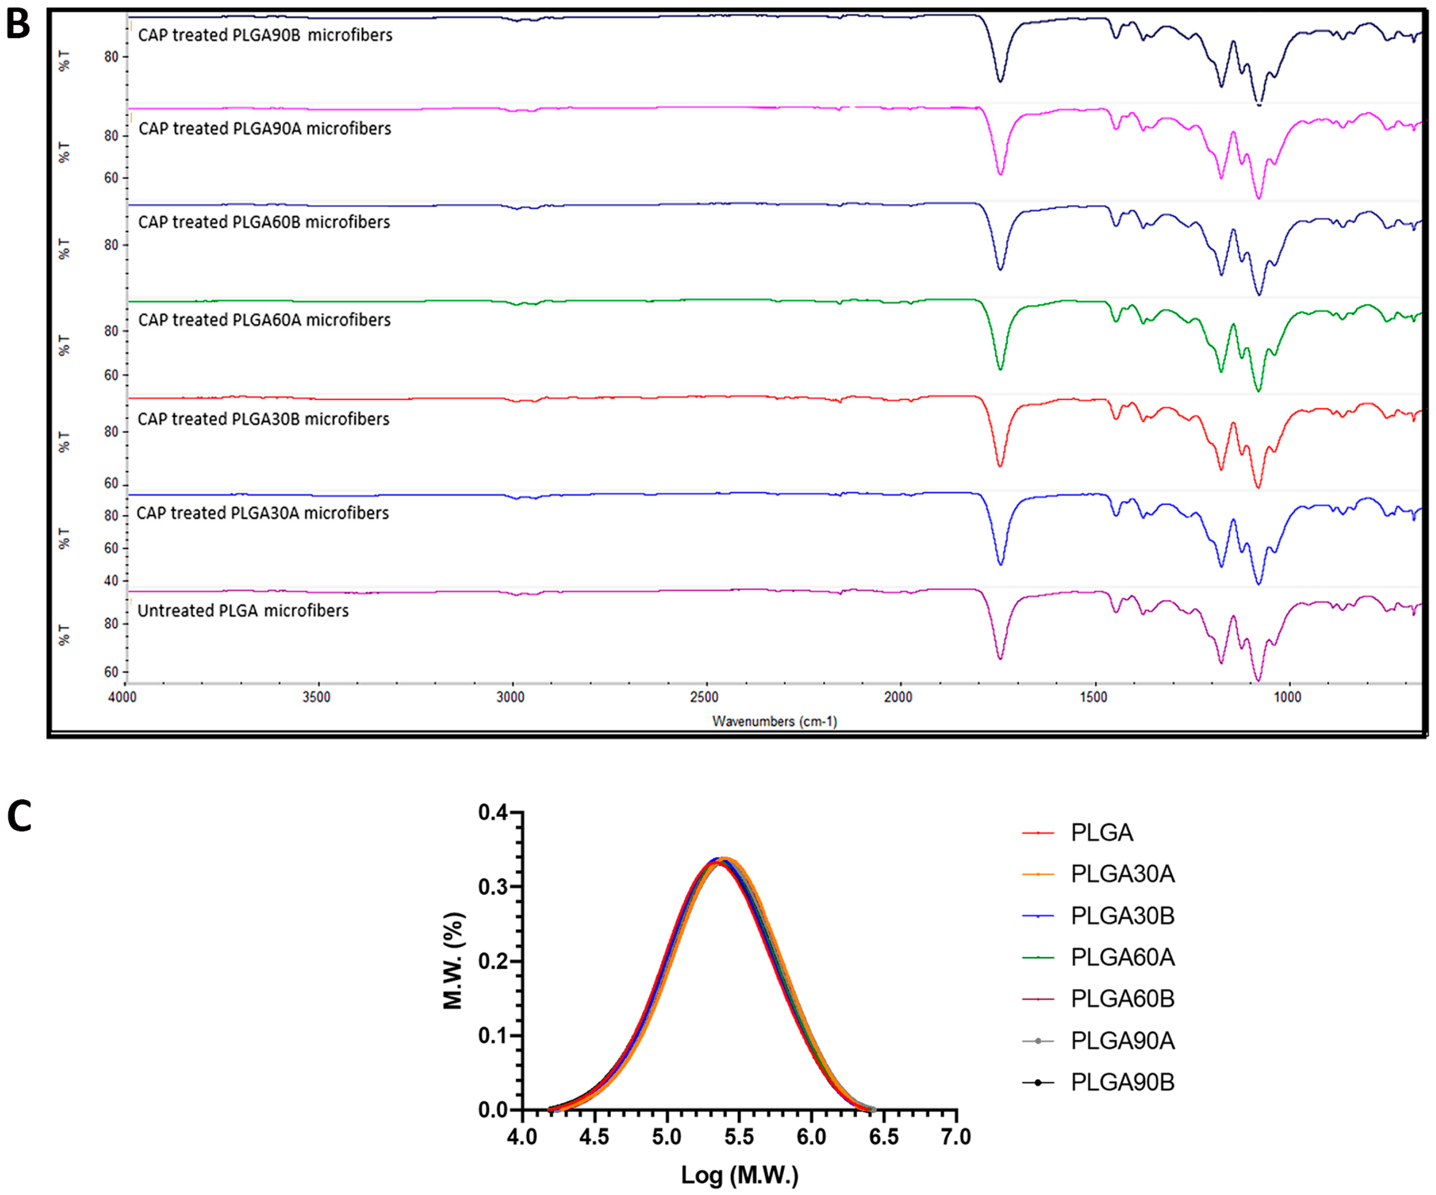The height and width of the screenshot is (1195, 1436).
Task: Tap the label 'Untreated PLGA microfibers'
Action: pyautogui.click(x=243, y=611)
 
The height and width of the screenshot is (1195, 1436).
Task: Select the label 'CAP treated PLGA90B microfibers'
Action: pyautogui.click(x=265, y=35)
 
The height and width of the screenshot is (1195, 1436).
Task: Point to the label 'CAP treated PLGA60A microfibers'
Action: pyautogui.click(x=264, y=320)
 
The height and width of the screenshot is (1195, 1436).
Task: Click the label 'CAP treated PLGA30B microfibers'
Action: pyautogui.click(x=263, y=419)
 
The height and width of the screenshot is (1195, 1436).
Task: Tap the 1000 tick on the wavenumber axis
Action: pyautogui.click(x=1287, y=697)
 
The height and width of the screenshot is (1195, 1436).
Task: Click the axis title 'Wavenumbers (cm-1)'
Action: pyautogui.click(x=774, y=721)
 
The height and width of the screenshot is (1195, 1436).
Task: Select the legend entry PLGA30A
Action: pyautogui.click(x=1122, y=875)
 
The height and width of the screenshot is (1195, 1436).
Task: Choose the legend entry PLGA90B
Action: pyautogui.click(x=1122, y=1083)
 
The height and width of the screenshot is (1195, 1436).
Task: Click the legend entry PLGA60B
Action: pyautogui.click(x=1122, y=1000)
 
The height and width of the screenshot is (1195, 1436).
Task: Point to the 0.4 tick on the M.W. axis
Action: pyautogui.click(x=492, y=813)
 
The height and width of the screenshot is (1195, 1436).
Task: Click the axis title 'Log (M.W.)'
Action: pyautogui.click(x=739, y=1175)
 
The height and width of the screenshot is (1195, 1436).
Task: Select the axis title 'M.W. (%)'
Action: pyautogui.click(x=453, y=960)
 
